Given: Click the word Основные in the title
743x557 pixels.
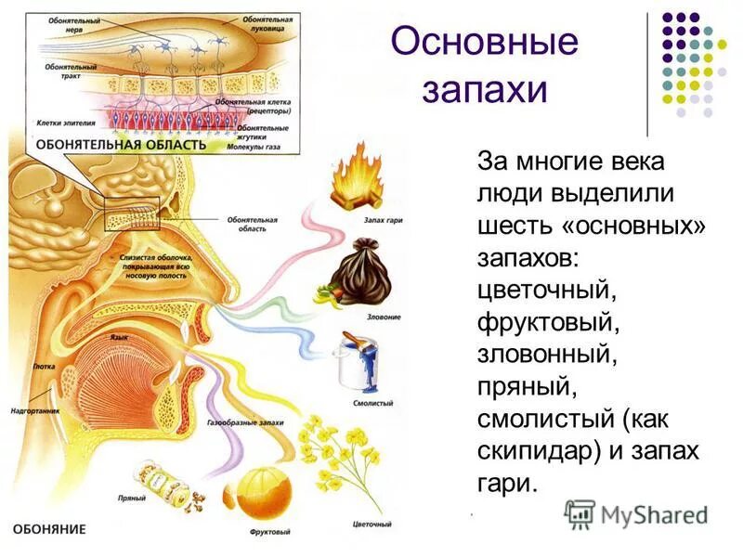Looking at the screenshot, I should coord(484,44).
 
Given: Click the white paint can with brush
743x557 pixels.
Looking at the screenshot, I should coord(358,364).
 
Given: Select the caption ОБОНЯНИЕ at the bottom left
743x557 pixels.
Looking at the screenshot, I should coord(48,529).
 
